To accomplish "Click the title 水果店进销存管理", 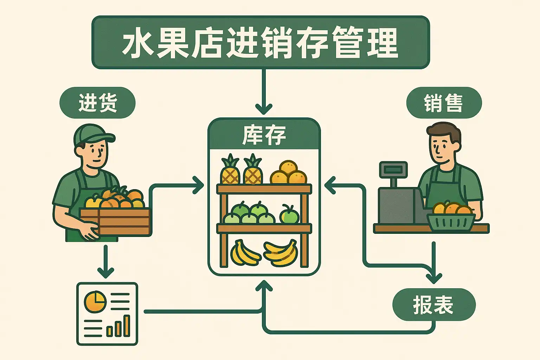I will [x=261, y=42].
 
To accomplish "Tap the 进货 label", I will [x=97, y=103].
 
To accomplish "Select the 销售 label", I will [x=444, y=103].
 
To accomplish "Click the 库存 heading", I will [x=264, y=135].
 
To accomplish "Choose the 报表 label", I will [x=433, y=304].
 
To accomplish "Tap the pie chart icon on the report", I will [x=95, y=302].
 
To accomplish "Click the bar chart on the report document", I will [x=119, y=327].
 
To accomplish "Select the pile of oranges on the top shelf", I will [x=289, y=173].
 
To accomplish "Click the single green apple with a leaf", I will [x=289, y=214].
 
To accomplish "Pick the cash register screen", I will [x=393, y=170].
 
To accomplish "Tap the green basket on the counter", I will [x=451, y=221].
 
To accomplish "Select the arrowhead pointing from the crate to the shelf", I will [x=199, y=185].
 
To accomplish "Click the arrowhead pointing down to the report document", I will [x=105, y=272].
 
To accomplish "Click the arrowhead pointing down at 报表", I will [x=434, y=278].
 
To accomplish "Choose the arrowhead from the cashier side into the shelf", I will [x=329, y=185].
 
